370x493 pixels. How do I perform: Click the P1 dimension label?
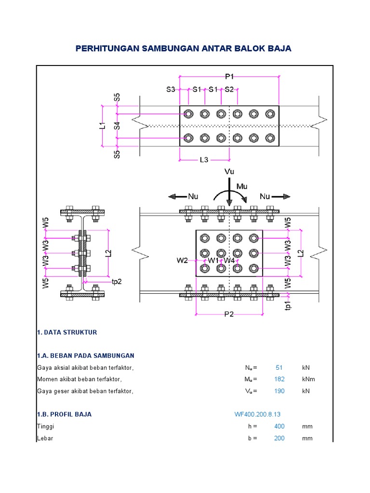[x=229, y=77]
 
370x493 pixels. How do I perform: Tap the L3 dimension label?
[x=204, y=160]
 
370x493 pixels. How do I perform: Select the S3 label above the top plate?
[x=171, y=89]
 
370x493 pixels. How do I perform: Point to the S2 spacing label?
[x=229, y=89]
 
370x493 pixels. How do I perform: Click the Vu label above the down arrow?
[x=229, y=171]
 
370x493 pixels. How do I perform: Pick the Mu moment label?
[x=242, y=186]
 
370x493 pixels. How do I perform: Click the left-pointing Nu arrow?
[x=177, y=197]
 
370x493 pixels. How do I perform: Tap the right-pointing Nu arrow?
[x=281, y=197]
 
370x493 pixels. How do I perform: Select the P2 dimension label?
[x=229, y=314]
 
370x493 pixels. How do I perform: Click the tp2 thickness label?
[x=117, y=282]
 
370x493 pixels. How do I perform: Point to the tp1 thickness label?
[x=287, y=305]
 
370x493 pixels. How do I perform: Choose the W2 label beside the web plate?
[x=182, y=260]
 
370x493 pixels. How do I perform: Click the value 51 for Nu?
[x=279, y=367]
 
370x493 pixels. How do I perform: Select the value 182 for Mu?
[x=279, y=379]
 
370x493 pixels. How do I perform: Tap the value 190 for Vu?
[x=279, y=391]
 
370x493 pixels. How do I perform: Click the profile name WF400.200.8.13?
[x=257, y=415]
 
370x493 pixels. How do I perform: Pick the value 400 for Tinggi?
[x=279, y=427]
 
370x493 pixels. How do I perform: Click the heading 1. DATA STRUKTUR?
[x=67, y=332]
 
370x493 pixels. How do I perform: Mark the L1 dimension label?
[x=102, y=126]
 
